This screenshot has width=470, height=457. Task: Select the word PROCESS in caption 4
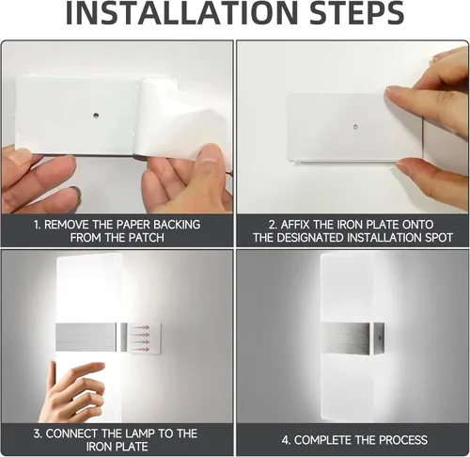coord(399,440)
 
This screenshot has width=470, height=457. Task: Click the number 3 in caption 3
coord(39,433)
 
